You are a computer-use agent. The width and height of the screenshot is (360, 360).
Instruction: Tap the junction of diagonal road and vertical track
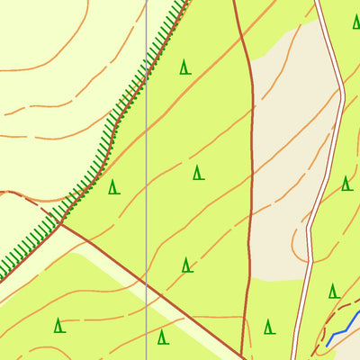tap(242, 354)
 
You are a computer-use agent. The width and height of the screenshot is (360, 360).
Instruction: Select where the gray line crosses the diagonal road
tap(146, 284)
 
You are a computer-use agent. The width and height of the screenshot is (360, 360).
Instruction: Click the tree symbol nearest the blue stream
tap(334, 291)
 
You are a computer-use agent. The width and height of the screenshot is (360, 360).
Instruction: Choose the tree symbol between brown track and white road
tap(269, 327)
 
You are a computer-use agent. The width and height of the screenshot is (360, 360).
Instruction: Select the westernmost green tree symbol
tap(59, 325)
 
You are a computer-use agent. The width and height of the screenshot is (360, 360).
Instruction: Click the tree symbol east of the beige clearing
tap(346, 184)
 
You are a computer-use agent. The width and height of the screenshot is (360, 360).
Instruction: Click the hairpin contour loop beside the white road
tap(297, 238)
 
